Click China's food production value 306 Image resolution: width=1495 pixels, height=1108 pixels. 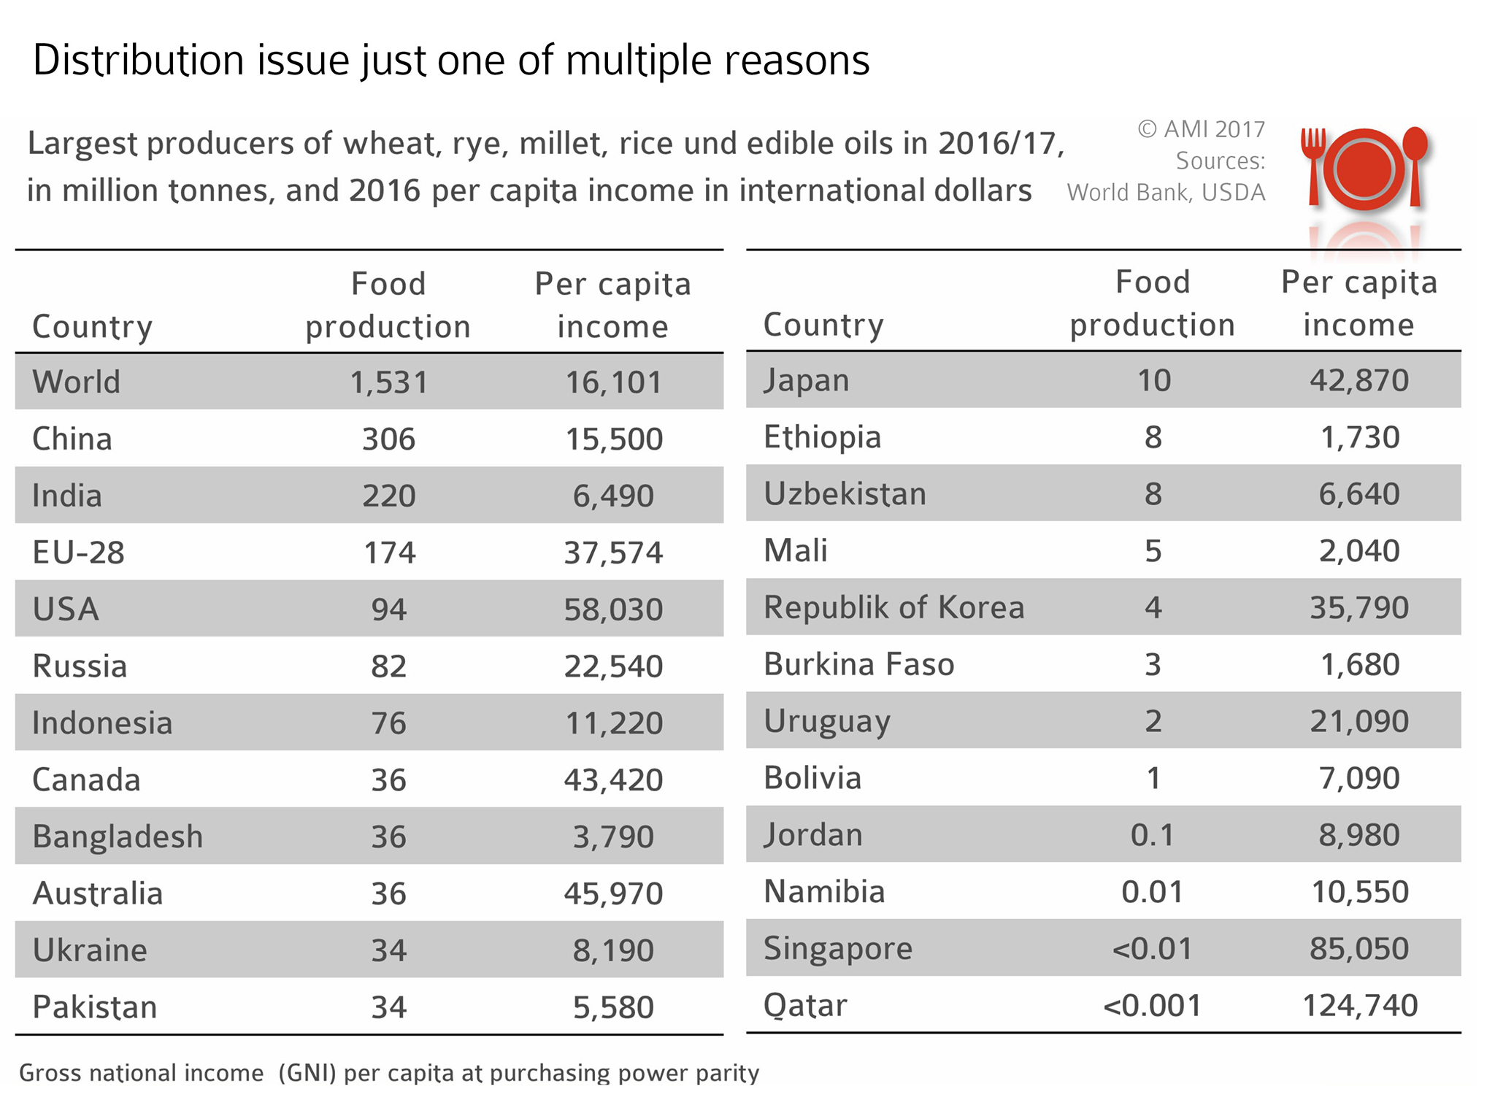tap(388, 439)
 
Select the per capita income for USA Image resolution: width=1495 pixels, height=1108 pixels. tap(613, 609)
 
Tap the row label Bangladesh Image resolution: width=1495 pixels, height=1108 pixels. tap(118, 836)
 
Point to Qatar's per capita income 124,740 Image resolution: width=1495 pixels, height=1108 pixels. tap(1360, 1006)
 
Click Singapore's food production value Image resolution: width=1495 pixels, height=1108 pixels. tap(1152, 949)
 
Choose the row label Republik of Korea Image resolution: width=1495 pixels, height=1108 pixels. tap(893, 607)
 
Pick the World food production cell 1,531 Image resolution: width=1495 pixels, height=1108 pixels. tap(388, 382)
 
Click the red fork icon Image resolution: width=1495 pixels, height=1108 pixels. tap(1314, 165)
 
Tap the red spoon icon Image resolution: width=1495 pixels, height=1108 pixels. tap(1415, 163)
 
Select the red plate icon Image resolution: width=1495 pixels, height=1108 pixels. tap(1364, 169)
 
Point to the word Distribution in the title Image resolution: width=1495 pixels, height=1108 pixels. tap(139, 60)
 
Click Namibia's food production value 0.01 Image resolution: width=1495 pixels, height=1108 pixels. tap(1152, 892)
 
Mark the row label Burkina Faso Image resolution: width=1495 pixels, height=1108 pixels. tap(858, 664)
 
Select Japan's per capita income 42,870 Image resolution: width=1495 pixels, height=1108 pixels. tap(1358, 381)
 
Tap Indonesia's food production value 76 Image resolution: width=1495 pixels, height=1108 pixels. tap(388, 723)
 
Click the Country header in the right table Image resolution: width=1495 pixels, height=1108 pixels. tap(823, 325)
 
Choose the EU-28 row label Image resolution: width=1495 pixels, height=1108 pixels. tap(78, 553)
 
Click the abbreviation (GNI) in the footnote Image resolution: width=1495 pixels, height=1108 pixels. tap(307, 1073)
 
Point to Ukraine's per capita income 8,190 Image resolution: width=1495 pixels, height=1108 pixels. tap(613, 950)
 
